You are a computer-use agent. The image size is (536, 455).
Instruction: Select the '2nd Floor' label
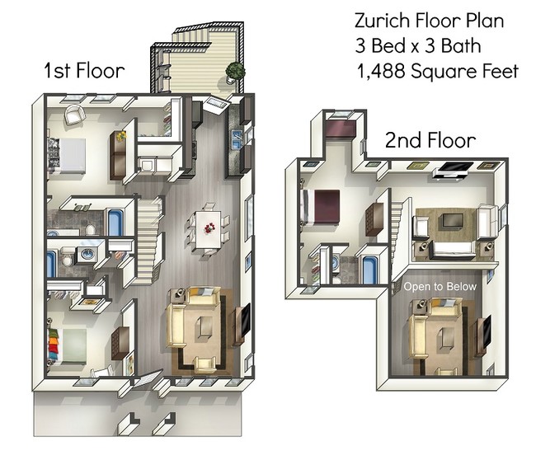click(x=430, y=141)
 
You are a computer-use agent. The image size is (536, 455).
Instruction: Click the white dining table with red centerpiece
click(x=206, y=224)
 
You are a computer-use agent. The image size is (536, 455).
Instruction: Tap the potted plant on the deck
click(x=235, y=71)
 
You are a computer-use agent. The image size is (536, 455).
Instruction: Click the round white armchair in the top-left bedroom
click(x=73, y=115)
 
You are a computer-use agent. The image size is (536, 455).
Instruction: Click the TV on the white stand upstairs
click(x=454, y=171)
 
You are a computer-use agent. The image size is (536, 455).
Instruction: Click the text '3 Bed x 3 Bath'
click(x=417, y=45)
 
